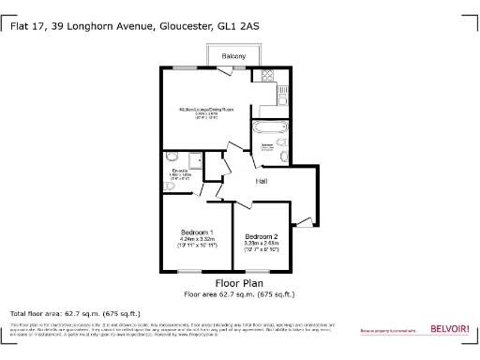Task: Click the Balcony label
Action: point(234,57)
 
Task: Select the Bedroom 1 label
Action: point(197,232)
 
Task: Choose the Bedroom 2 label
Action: point(260,236)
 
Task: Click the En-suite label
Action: point(180,170)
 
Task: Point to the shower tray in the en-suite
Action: point(197,159)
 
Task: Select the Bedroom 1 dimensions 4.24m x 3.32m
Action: point(197,240)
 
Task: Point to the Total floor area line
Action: point(75,313)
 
